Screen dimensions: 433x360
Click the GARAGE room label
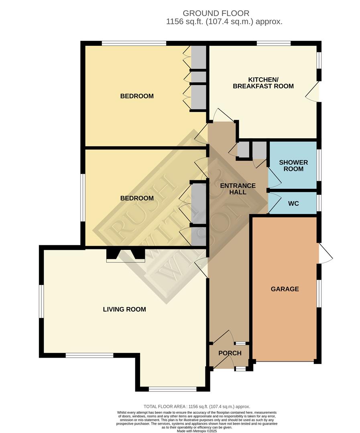(x=285, y=289)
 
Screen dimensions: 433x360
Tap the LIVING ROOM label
(x=124, y=309)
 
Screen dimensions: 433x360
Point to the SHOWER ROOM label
(x=293, y=166)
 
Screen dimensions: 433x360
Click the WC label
(x=293, y=204)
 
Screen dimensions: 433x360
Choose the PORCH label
(x=230, y=353)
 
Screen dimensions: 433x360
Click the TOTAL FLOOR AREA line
(x=197, y=406)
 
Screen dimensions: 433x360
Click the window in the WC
(x=319, y=203)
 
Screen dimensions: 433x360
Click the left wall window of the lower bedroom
(x=82, y=198)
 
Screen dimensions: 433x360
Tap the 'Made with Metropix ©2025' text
(x=197, y=431)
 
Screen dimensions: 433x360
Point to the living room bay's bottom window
(x=173, y=389)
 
